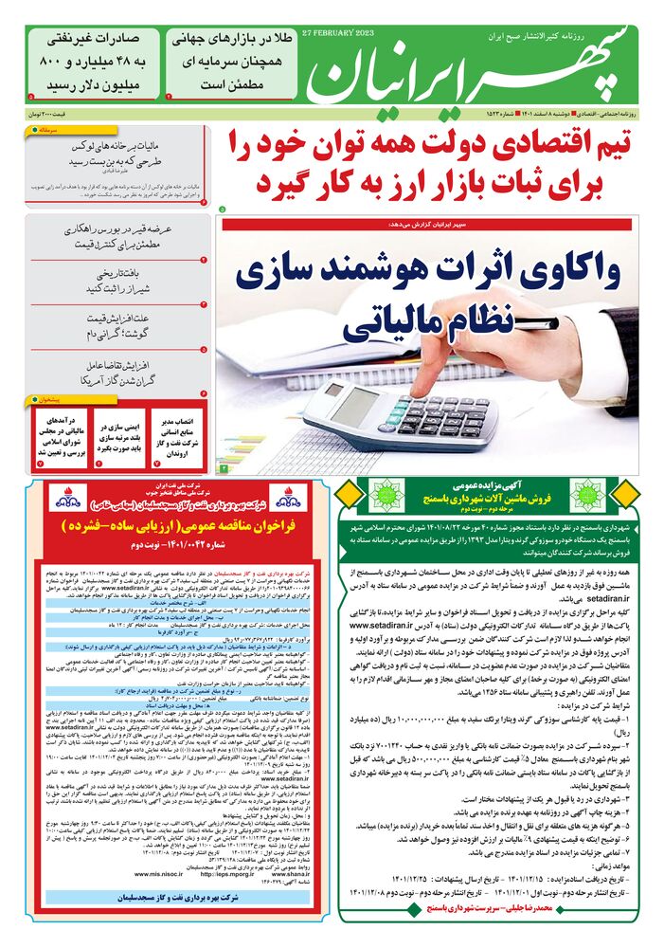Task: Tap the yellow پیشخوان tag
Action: (46, 399)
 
